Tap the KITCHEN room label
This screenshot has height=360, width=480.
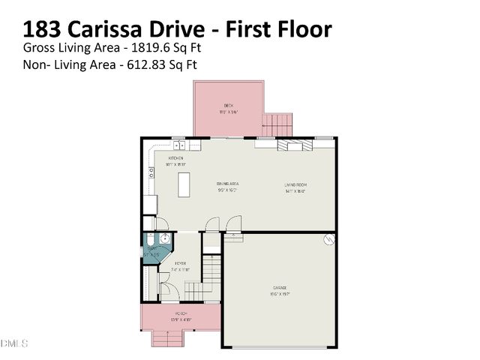tap(175, 158)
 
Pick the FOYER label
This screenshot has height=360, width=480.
tap(180, 264)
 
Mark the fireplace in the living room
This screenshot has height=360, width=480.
tap(292, 145)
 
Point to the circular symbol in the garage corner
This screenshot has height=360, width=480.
tap(328, 239)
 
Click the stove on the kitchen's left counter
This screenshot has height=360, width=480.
tap(151, 172)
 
